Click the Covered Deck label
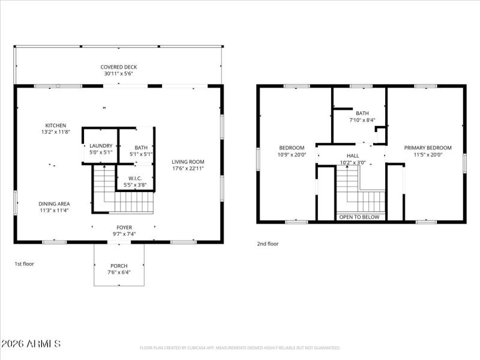pyautogui.click(x=118, y=67)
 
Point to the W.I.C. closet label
pyautogui.click(x=135, y=179)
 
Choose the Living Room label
pyautogui.click(x=188, y=161)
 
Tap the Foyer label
pyautogui.click(x=124, y=227)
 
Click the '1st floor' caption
pyautogui.click(x=25, y=263)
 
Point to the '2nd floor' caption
pyautogui.click(x=268, y=244)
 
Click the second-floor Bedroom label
pyautogui.click(x=292, y=148)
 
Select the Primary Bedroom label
pyautogui.click(x=427, y=148)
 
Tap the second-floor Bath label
pyautogui.click(x=362, y=113)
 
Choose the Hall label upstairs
pyautogui.click(x=353, y=155)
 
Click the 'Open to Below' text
pyautogui.click(x=359, y=217)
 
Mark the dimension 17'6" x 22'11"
pyautogui.click(x=188, y=169)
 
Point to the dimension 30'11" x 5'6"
pyautogui.click(x=118, y=74)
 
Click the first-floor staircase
pyautogui.click(x=123, y=192)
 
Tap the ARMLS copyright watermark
pyautogui.click(x=31, y=344)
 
